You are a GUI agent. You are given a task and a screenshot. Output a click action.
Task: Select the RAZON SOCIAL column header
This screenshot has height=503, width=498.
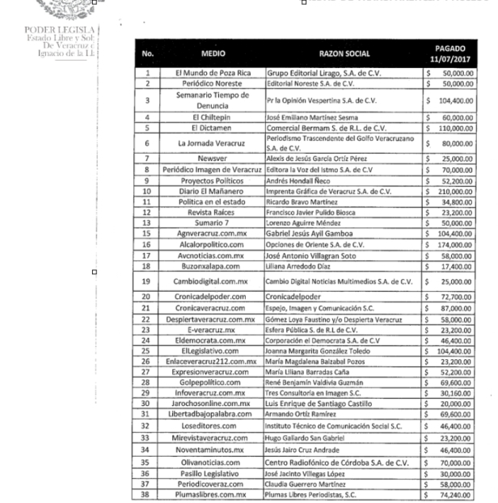tap(343, 54)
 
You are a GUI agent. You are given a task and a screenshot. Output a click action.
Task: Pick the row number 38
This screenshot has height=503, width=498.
tap(147, 493)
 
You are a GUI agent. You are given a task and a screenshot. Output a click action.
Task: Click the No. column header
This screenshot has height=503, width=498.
tap(147, 54)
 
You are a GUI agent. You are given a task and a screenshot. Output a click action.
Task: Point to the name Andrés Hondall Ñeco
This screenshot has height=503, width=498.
tap(301, 181)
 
